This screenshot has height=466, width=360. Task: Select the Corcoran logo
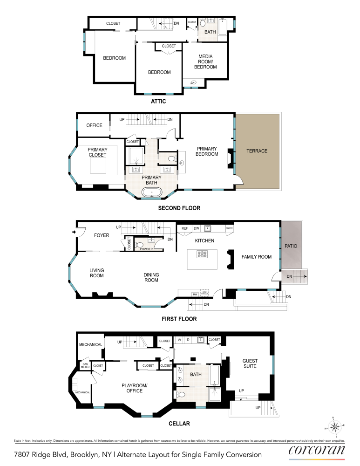pyautogui.click(x=317, y=451)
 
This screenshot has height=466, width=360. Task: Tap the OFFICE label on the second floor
pyautogui.click(x=94, y=125)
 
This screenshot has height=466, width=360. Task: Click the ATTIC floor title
pyautogui.click(x=158, y=101)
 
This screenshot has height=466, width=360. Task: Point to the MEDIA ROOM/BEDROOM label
pyautogui.click(x=205, y=62)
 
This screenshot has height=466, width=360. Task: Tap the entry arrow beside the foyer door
pyautogui.click(x=74, y=231)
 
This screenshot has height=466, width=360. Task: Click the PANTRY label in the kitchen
pyautogui.click(x=229, y=228)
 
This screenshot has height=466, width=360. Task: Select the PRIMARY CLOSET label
pyautogui.click(x=98, y=152)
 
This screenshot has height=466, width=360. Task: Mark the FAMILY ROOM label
pyautogui.click(x=256, y=257)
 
